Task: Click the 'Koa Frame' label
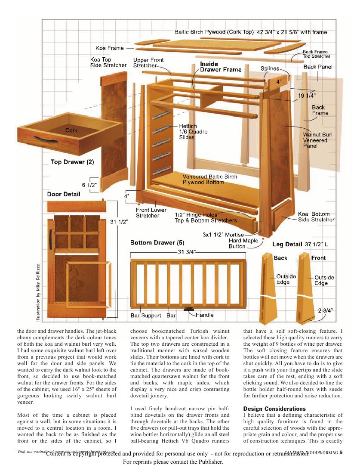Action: (109, 48)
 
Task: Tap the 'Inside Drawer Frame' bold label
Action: (221, 67)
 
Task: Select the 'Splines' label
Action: (270, 68)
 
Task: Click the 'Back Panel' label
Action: (318, 67)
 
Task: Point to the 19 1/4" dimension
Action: (307, 95)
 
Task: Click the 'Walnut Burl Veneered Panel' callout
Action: (316, 140)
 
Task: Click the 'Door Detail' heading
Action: (64, 194)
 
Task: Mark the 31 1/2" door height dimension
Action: (120, 222)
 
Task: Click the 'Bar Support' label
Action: (146, 316)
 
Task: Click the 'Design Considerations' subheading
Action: (274, 408)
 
